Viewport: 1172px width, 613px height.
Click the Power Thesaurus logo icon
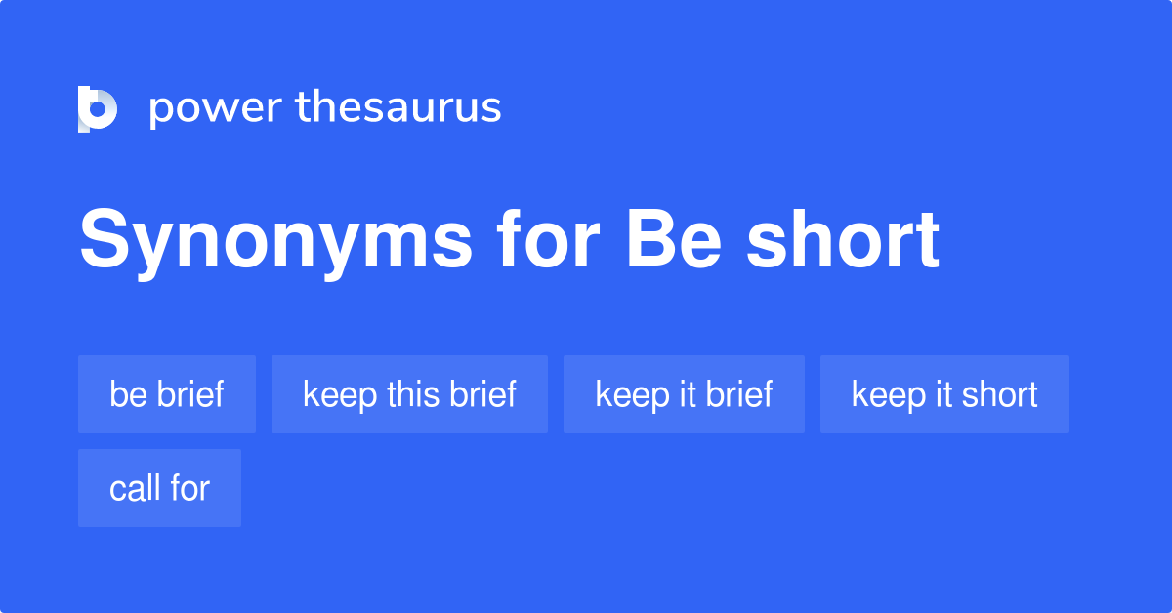point(98,108)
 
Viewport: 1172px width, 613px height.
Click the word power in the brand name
point(214,107)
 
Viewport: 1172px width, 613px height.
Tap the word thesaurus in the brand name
point(398,107)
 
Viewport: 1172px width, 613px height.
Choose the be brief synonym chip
point(167,394)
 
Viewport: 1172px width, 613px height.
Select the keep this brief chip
point(409,394)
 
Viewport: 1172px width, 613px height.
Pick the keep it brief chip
point(684,394)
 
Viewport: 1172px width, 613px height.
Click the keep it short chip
point(944,394)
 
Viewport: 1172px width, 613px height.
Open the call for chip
point(159,488)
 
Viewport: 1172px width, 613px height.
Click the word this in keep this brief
point(415,394)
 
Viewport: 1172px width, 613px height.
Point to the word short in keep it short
point(999,394)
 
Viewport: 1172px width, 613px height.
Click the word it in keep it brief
point(686,394)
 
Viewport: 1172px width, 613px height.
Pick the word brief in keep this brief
point(483,394)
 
